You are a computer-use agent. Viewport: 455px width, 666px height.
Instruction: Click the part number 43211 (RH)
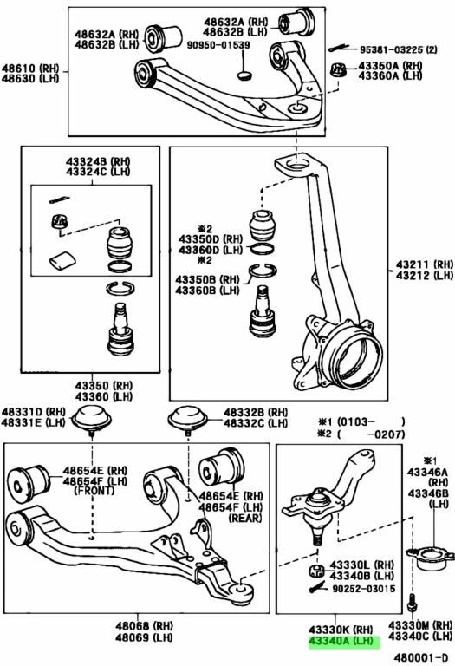(x=425, y=264)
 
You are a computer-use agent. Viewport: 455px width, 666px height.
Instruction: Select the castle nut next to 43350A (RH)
(x=338, y=70)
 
